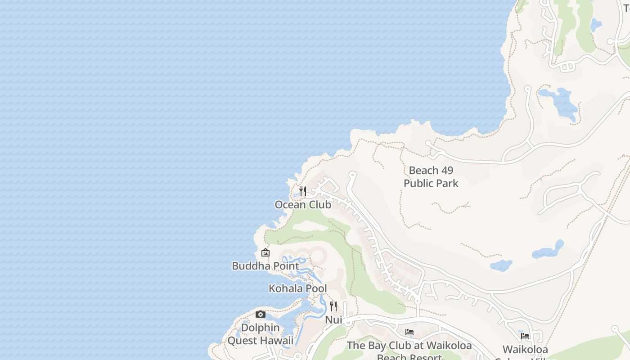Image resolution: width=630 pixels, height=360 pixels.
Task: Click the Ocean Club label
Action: (x=303, y=205)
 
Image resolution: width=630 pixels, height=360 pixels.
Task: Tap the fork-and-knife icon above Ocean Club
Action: (x=303, y=191)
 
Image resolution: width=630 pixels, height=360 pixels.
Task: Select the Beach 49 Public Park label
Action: (x=431, y=177)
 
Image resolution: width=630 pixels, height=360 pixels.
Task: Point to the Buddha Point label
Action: (x=265, y=266)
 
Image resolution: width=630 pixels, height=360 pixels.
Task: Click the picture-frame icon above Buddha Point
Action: (x=265, y=252)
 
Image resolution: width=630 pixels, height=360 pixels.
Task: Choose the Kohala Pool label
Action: (x=297, y=288)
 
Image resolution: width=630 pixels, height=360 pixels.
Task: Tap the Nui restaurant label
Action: (x=333, y=320)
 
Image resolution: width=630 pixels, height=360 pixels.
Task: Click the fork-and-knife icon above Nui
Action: (x=333, y=306)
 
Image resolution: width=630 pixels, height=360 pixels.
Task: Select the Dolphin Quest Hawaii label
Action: (x=260, y=334)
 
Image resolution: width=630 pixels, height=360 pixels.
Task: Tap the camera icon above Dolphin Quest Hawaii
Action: (x=261, y=315)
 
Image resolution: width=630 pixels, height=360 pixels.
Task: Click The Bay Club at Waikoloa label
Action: (x=409, y=346)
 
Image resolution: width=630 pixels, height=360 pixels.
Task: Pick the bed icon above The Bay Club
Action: (x=409, y=332)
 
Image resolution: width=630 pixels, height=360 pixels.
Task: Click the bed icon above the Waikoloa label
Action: (x=525, y=336)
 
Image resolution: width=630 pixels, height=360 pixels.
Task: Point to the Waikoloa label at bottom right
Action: (x=525, y=350)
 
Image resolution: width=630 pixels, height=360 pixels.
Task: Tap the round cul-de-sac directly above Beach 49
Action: (x=428, y=144)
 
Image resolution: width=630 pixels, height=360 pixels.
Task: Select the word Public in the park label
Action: (x=418, y=184)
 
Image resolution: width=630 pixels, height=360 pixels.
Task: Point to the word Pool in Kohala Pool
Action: (x=315, y=288)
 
